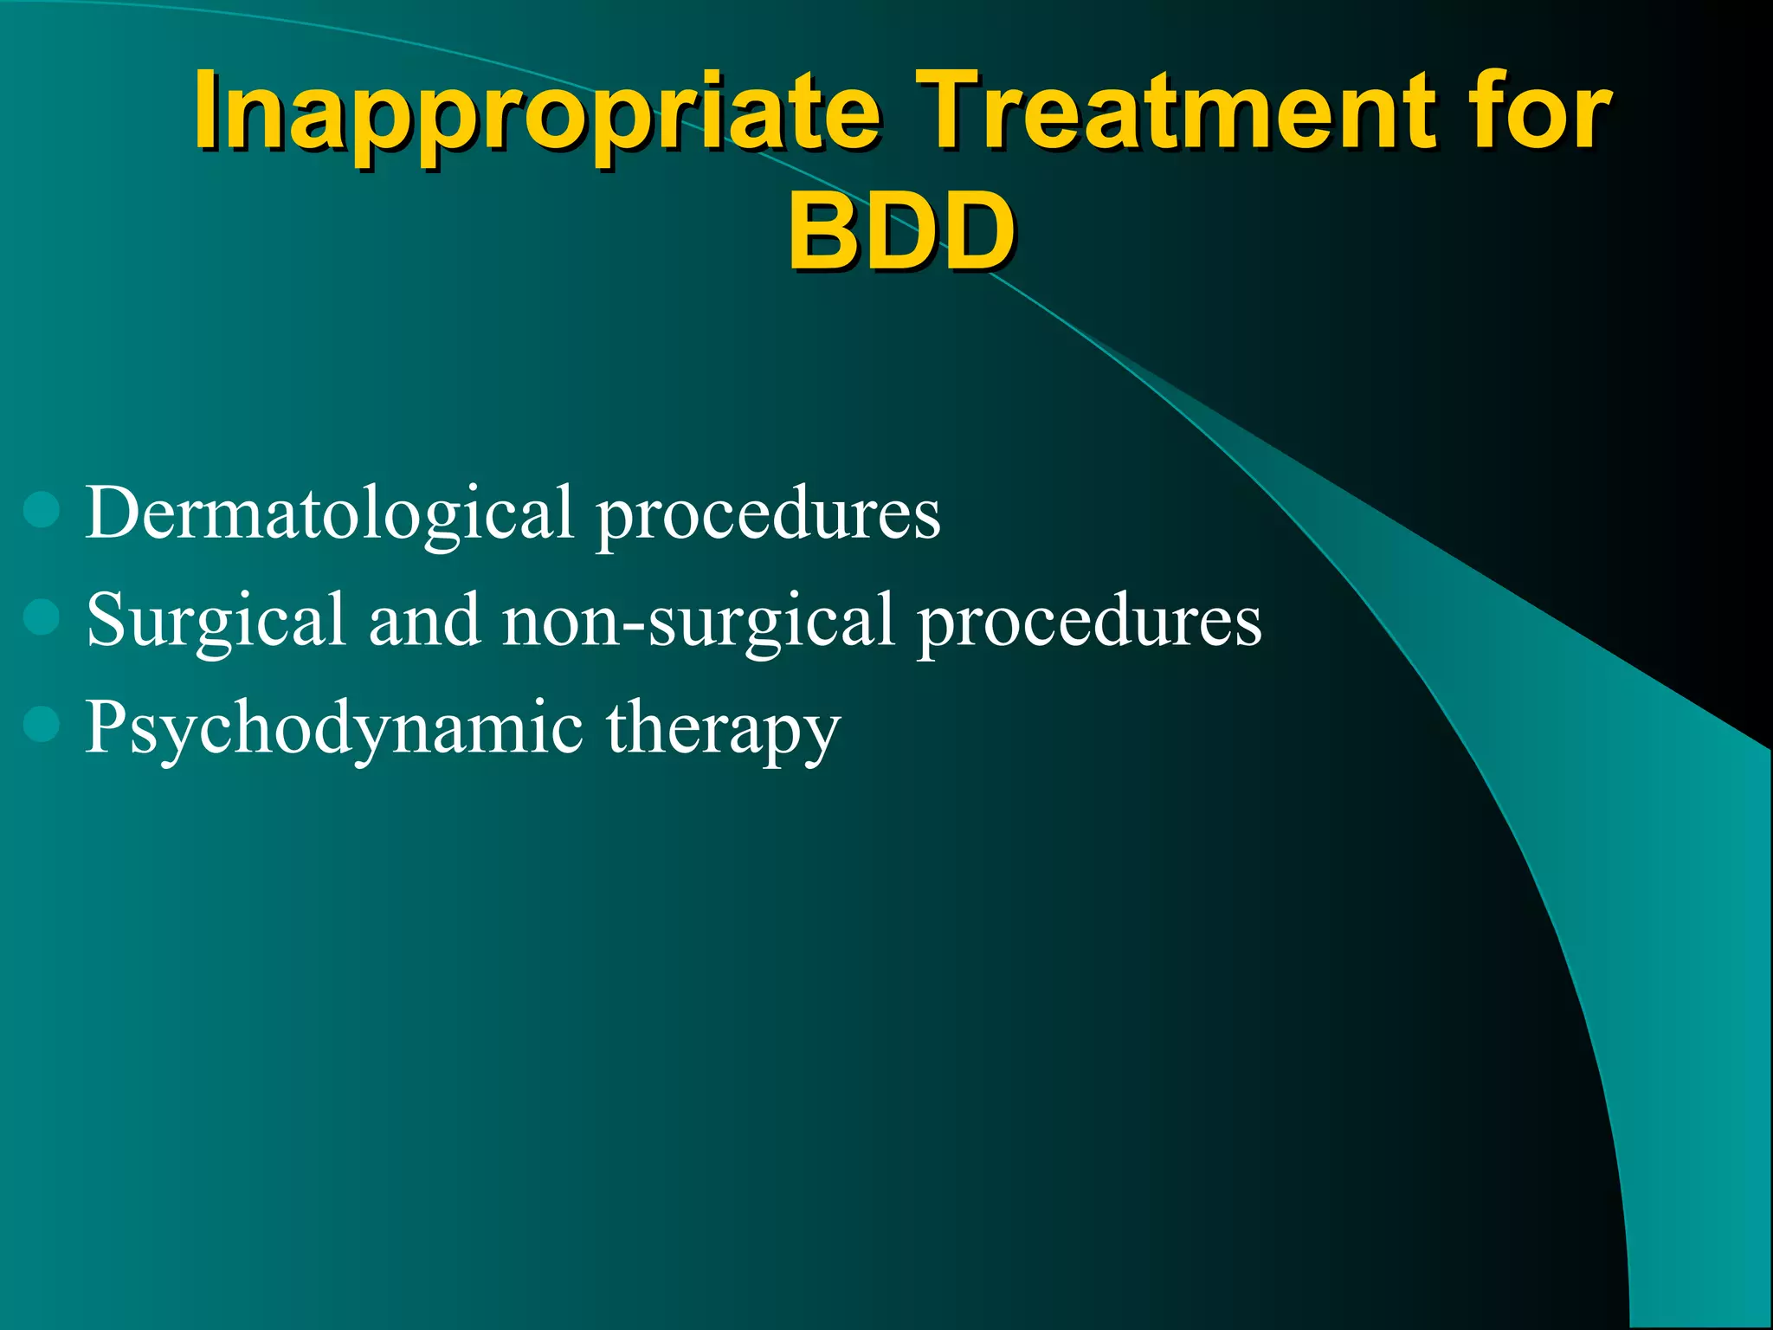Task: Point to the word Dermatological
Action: click(x=329, y=514)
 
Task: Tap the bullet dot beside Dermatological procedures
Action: click(x=42, y=510)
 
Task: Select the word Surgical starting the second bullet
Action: click(x=216, y=622)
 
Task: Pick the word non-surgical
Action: click(x=698, y=622)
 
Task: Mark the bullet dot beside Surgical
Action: click(x=42, y=617)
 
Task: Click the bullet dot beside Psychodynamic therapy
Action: click(x=42, y=725)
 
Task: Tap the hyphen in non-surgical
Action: click(x=635, y=625)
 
